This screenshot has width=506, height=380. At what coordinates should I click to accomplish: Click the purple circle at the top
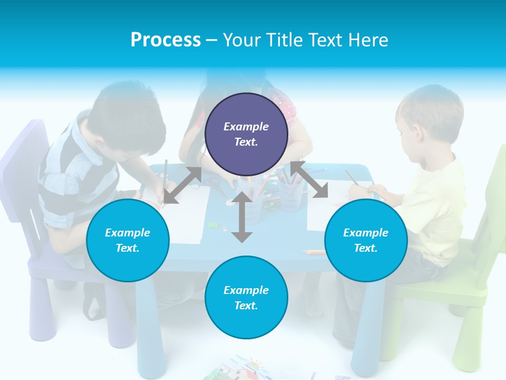coord(246,135)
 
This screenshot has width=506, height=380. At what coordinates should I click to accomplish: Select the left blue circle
coord(128,241)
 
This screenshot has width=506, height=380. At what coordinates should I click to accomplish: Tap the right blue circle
coord(366,241)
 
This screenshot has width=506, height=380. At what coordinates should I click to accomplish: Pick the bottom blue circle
coord(246,298)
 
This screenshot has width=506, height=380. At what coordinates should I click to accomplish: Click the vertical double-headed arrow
coord(242,217)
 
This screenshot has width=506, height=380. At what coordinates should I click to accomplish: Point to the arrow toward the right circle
coord(309,179)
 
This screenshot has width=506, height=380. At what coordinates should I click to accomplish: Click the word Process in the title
coord(166,40)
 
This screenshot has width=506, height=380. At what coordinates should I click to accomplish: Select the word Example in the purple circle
coord(246,127)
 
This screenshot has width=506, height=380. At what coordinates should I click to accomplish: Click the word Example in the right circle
coord(366,233)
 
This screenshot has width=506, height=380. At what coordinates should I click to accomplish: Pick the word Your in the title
coord(243,40)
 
